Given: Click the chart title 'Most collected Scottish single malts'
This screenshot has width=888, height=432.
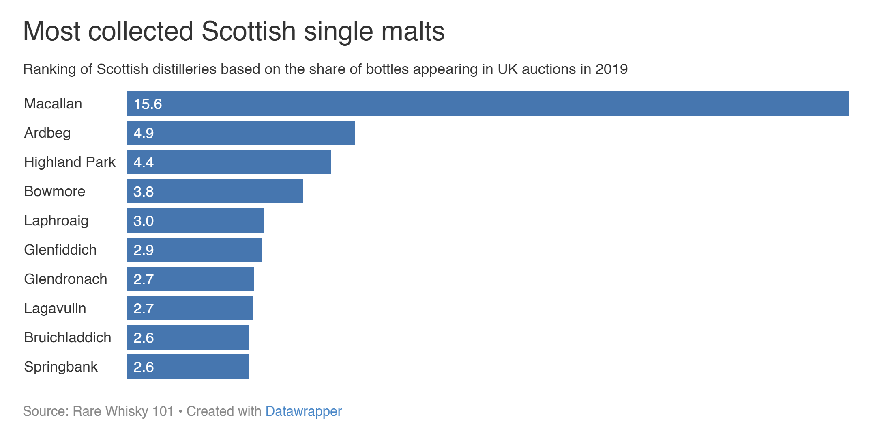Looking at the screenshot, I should (234, 31).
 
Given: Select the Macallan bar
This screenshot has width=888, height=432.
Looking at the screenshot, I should (487, 104).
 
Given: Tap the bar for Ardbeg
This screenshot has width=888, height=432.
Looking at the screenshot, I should (241, 133).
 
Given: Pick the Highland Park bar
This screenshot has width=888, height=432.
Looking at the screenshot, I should (229, 162).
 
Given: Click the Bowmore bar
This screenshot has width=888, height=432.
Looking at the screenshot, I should (215, 191).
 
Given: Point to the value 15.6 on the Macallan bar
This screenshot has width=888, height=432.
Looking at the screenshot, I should (148, 104).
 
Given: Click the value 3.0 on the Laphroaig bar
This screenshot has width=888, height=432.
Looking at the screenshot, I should (144, 221).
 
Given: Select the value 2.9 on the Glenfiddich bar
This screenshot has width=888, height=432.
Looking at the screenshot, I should (144, 250).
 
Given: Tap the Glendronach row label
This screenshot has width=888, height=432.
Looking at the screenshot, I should (66, 279).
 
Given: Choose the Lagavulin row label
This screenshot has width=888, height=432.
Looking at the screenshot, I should (55, 308).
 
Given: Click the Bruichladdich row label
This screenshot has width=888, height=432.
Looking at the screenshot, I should (68, 337).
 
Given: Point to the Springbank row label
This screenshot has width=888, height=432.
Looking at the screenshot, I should (61, 367).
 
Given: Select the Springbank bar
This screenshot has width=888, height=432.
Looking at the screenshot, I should (188, 367).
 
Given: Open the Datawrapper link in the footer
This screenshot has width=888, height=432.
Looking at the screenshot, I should (303, 411).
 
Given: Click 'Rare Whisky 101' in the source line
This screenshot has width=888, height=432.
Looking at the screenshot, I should (123, 411).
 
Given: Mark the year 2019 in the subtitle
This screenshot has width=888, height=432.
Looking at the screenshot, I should (611, 69).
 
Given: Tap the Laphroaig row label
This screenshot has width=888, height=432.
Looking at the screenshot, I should (56, 220).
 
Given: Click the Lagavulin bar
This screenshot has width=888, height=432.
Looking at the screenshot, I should (190, 308).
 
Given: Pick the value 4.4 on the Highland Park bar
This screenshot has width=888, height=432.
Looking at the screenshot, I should (144, 162).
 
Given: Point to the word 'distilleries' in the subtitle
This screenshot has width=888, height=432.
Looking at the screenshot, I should (184, 69).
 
